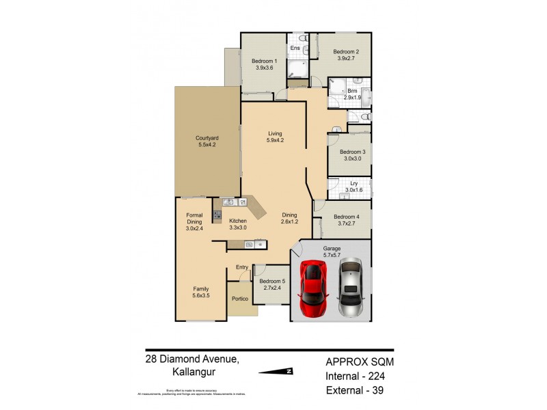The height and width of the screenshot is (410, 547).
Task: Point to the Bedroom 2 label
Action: (346, 55)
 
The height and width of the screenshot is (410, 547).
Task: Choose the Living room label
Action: (275, 137)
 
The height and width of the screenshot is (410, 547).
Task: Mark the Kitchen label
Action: (238, 224)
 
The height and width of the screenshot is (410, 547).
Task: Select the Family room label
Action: (200, 292)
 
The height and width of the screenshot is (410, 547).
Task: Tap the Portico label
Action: (239, 298)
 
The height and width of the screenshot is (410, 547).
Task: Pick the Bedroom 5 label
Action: (271, 284)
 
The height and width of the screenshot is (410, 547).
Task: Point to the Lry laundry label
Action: (353, 187)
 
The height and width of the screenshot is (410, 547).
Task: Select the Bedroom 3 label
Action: (353, 155)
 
